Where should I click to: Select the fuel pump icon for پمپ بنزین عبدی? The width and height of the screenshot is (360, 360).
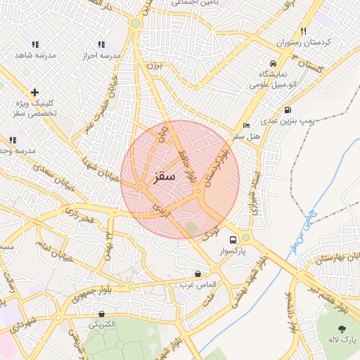click(x=288, y=110)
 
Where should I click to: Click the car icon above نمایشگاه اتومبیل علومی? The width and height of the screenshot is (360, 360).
click(x=273, y=63)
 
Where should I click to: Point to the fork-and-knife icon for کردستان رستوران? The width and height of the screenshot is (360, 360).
click(x=303, y=31)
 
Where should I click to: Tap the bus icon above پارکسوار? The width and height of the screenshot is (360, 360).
click(x=233, y=240)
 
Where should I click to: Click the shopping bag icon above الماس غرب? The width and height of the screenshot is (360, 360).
click(x=197, y=274)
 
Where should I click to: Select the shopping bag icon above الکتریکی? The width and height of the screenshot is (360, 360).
click(x=102, y=314)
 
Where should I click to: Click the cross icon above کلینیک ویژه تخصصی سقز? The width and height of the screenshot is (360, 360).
click(x=34, y=92)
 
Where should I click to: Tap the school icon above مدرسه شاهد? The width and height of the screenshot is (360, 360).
click(x=30, y=44)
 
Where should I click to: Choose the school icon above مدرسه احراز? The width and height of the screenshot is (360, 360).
click(x=102, y=44)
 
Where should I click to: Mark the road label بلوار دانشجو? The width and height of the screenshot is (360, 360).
click(x=292, y=312)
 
